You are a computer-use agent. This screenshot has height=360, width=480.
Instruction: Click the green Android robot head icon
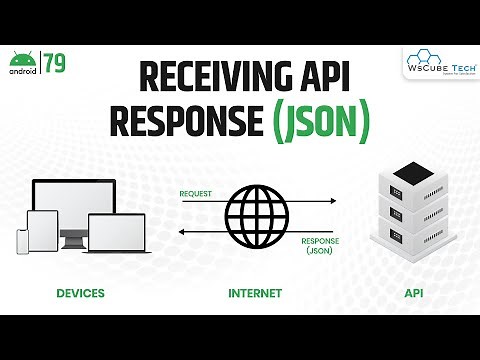(26, 57)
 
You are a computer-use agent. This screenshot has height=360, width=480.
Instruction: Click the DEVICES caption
(81, 294)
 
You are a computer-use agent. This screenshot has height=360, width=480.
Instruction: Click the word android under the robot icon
(26, 71)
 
